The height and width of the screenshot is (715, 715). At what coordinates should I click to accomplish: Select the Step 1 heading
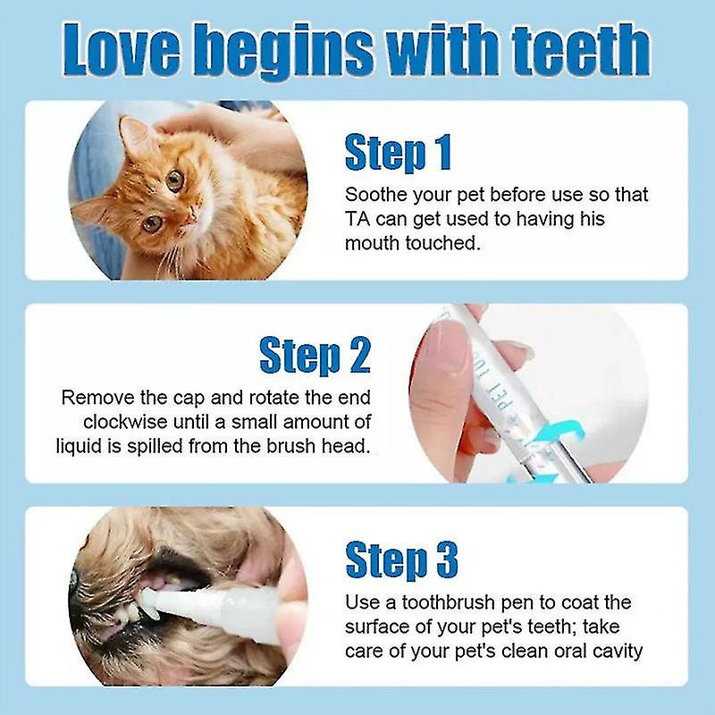coord(398,153)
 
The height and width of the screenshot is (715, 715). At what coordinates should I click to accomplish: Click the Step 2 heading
coord(315,355)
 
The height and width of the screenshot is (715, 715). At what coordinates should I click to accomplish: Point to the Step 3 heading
coord(401,560)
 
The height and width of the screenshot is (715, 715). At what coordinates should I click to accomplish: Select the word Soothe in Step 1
coord(374,194)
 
